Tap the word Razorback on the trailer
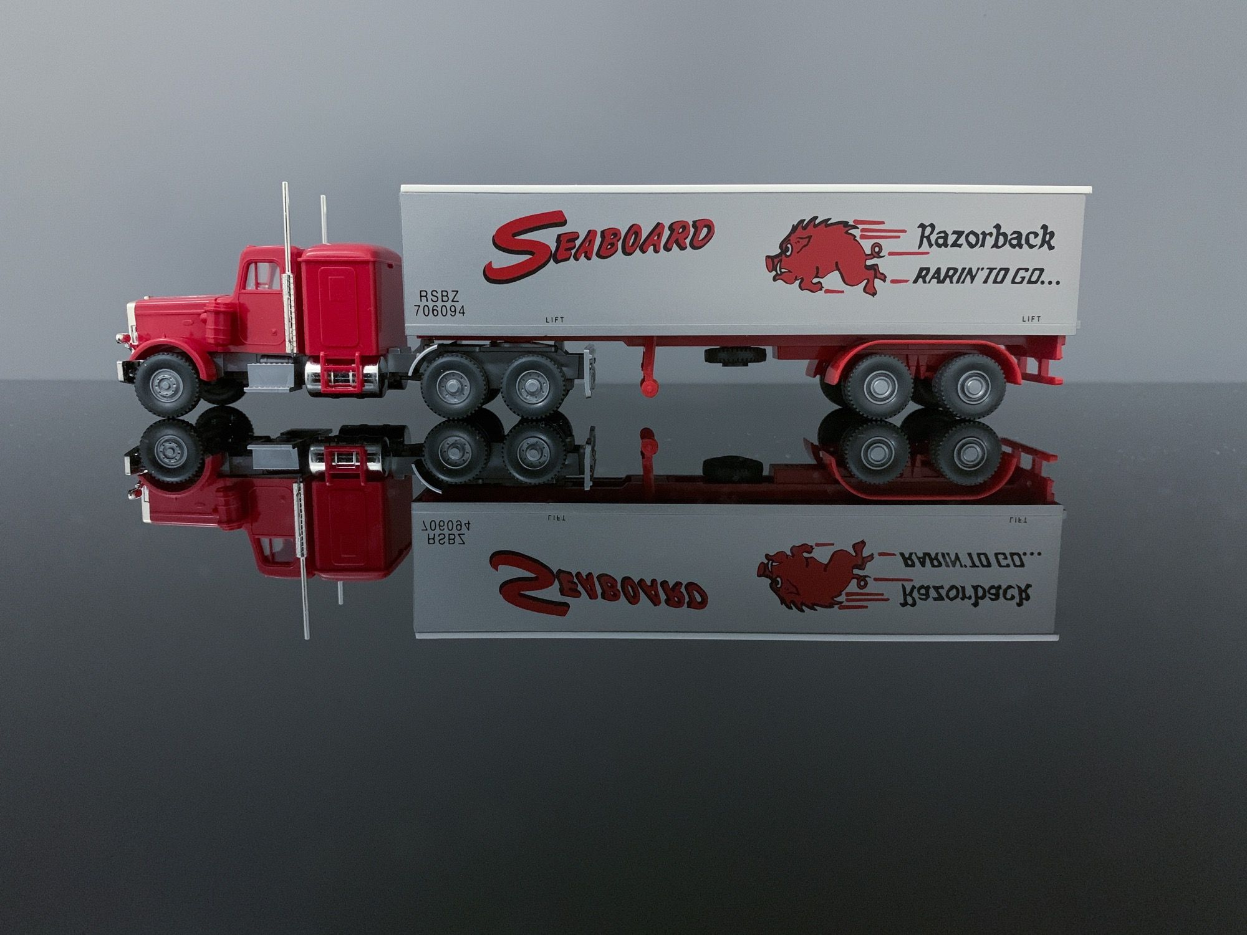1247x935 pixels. click(986, 237)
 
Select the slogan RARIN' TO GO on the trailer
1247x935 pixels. click(986, 276)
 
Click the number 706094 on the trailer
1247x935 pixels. click(440, 311)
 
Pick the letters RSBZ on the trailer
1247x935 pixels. click(439, 296)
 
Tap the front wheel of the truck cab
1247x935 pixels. click(167, 386)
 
